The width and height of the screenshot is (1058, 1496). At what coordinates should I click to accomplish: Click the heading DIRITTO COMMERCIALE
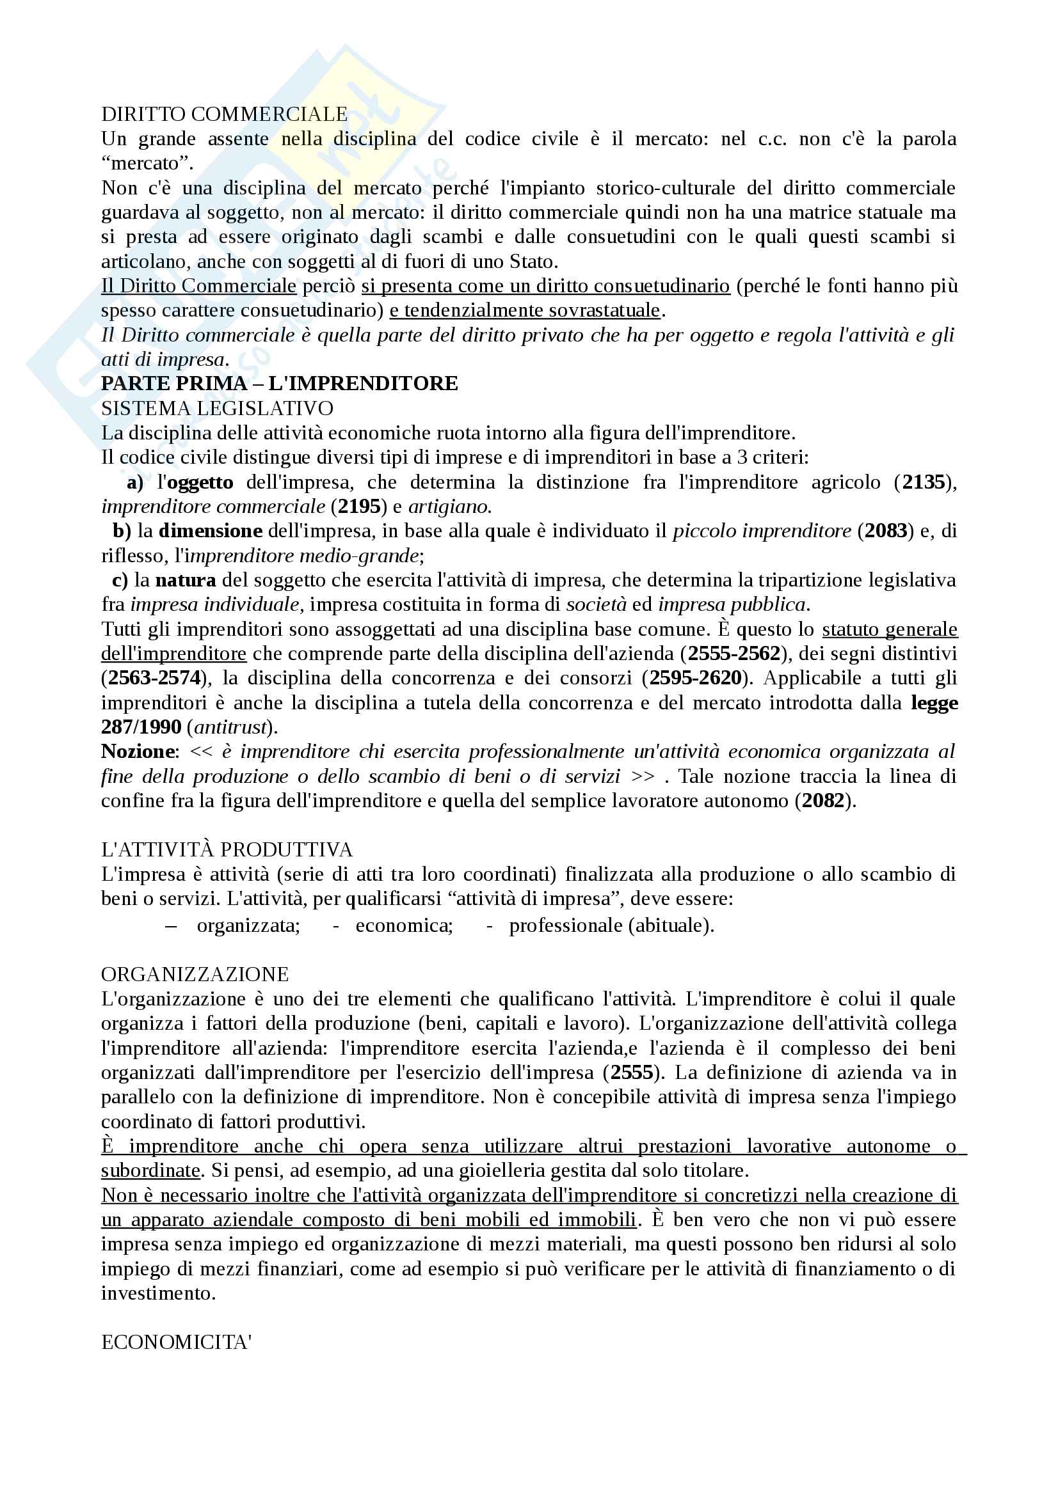click(x=224, y=114)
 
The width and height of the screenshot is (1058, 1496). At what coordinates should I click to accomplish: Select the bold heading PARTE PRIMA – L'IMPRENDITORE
click(x=279, y=383)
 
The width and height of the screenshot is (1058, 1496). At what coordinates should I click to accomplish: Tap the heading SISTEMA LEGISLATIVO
click(x=217, y=409)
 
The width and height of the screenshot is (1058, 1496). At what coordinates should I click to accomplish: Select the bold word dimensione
click(x=211, y=531)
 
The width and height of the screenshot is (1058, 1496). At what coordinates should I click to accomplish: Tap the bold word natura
click(x=186, y=580)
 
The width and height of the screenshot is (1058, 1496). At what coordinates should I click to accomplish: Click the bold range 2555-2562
click(x=734, y=654)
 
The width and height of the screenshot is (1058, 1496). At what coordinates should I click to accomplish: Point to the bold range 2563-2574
click(x=154, y=678)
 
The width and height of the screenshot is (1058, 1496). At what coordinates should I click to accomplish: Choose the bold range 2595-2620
click(x=696, y=678)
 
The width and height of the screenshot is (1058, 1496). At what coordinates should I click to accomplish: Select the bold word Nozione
click(x=138, y=752)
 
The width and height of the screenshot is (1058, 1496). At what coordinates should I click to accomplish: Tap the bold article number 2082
click(x=823, y=801)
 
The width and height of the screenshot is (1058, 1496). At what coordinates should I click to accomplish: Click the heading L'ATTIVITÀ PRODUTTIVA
click(x=227, y=849)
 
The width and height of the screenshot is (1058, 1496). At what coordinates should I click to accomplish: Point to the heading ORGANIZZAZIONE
click(x=195, y=974)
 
